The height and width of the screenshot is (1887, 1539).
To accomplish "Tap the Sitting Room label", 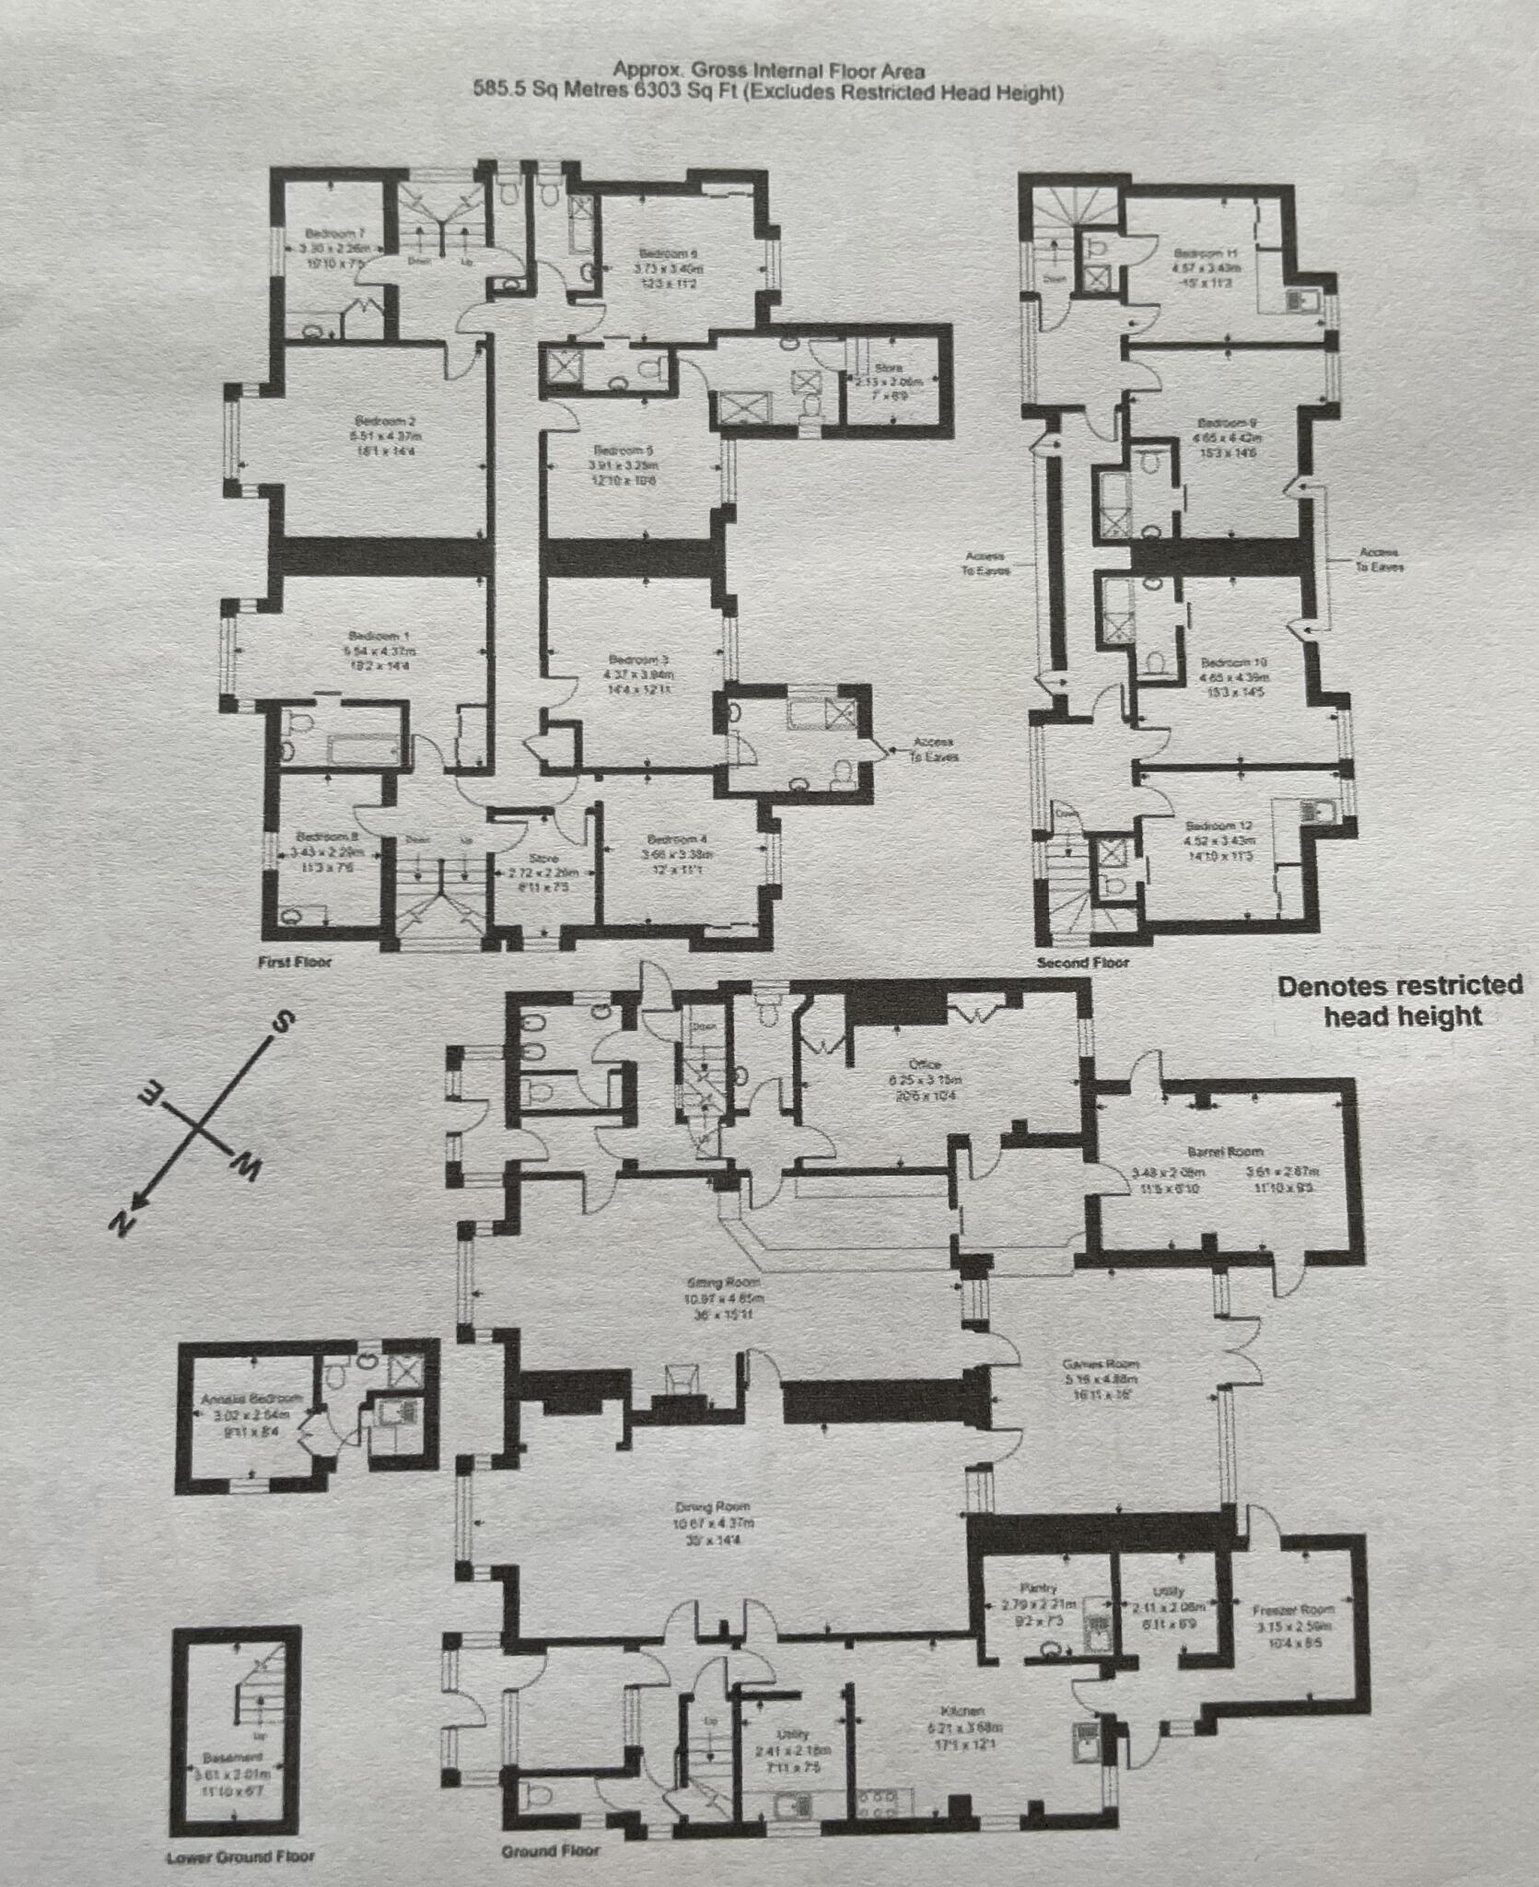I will pos(723,1283).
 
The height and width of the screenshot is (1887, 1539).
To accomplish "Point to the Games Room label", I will pos(1101,1364).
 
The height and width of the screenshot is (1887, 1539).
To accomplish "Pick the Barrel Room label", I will pos(1225,1152).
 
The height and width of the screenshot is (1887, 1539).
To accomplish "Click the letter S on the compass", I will pos(285,1021).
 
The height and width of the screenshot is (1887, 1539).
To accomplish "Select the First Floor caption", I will pos(295,962).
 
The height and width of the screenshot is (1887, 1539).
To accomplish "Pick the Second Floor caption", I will pos(1082,963).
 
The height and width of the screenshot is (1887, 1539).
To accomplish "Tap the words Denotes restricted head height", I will pos(1399,1001).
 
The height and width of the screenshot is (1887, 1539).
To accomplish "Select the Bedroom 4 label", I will pos(677,839).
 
